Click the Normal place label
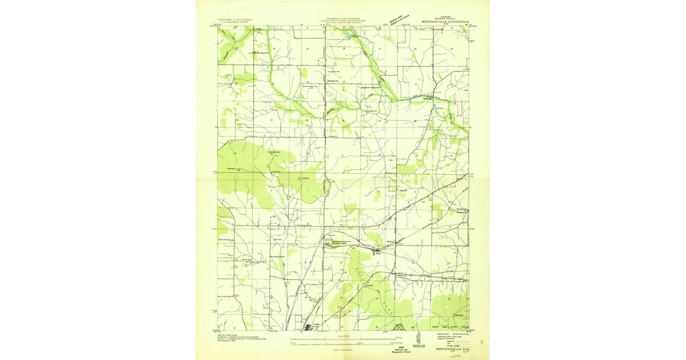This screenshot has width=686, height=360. (x=331, y=234)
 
